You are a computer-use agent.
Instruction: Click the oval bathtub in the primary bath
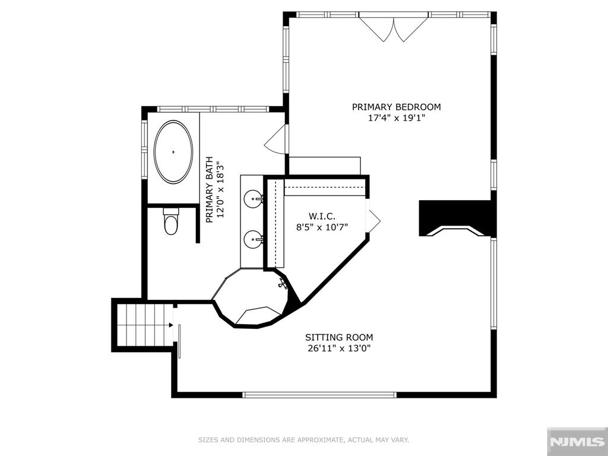click(x=173, y=152)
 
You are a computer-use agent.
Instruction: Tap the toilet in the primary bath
click(x=171, y=222)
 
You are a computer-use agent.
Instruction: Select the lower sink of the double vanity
click(x=254, y=239)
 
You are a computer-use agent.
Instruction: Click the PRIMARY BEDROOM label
click(x=396, y=107)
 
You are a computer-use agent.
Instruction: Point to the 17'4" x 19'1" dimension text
click(x=396, y=118)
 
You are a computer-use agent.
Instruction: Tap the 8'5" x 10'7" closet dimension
click(x=322, y=226)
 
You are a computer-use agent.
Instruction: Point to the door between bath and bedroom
click(x=277, y=140)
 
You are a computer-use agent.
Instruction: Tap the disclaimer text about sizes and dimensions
click(x=303, y=440)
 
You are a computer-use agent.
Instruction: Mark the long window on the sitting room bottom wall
click(x=319, y=394)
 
